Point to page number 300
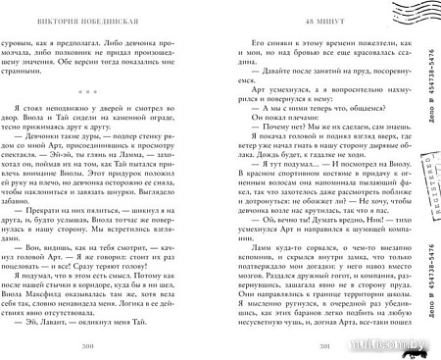[x=116, y=345]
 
